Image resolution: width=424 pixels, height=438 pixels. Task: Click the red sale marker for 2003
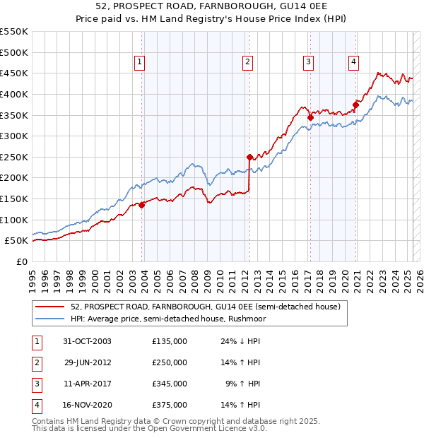[141, 205]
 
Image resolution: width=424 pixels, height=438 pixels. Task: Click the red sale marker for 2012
[249, 157]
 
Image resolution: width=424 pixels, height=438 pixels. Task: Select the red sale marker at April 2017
[310, 117]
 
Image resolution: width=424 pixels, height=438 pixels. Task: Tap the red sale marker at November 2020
[355, 105]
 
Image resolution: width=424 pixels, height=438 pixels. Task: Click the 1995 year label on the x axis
[32, 278]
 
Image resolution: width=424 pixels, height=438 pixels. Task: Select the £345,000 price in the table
[170, 384]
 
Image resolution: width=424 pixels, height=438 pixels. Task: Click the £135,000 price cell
[170, 341]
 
